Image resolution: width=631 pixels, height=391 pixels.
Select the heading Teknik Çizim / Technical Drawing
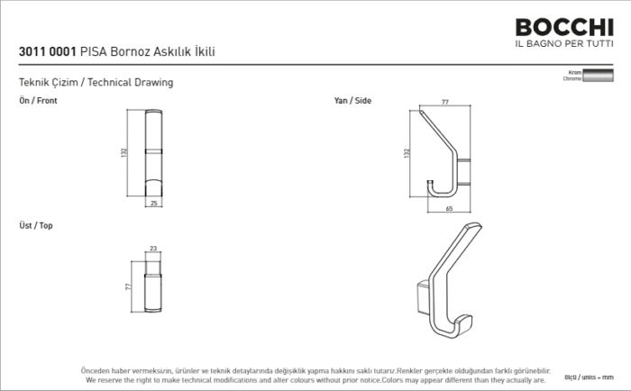click(96, 82)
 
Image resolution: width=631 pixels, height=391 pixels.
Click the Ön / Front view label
click(38, 101)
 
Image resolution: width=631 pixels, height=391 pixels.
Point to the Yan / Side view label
click(352, 101)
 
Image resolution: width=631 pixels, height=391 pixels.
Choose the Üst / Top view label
click(36, 225)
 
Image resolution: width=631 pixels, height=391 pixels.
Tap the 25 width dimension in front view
click(153, 204)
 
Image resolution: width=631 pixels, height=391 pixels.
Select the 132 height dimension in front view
click(124, 153)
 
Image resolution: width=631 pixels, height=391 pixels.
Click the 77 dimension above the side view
click(445, 103)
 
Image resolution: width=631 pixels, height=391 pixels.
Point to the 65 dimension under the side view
click(448, 209)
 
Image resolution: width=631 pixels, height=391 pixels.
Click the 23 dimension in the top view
click(153, 249)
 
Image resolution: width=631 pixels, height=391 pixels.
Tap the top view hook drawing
click(154, 286)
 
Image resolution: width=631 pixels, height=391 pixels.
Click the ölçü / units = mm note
click(589, 376)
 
